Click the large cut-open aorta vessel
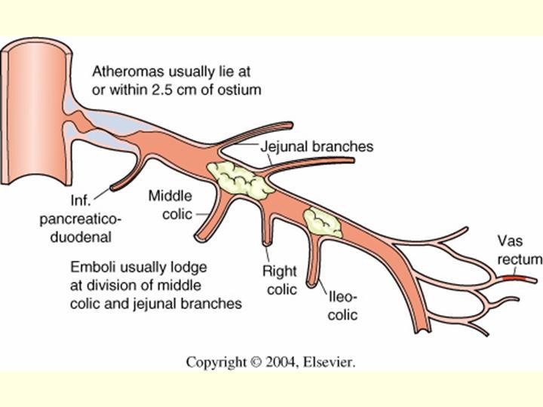pos(38,128)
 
